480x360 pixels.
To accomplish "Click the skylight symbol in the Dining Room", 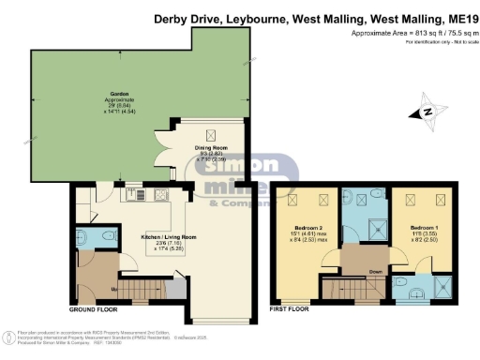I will pyautogui.click(x=211, y=133).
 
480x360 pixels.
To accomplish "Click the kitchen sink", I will pyautogui.click(x=130, y=190).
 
